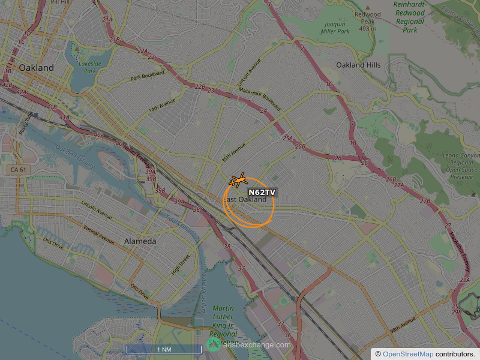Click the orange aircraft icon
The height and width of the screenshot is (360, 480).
238,179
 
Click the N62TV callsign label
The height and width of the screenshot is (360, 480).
262,193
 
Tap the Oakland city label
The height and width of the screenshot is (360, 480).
36,68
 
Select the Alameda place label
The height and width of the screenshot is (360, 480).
140,241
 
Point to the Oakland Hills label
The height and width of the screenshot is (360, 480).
358,65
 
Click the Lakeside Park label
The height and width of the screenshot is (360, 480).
89,67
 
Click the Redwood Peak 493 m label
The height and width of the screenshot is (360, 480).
368,21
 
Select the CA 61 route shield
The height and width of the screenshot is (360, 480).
18,170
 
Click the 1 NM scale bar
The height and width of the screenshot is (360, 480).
164,349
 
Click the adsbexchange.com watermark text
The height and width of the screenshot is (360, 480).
256,344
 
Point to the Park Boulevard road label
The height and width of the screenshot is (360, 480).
148,77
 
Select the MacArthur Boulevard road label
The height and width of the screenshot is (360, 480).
259,97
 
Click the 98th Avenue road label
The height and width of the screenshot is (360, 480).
403,328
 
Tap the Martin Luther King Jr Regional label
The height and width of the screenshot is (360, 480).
223,321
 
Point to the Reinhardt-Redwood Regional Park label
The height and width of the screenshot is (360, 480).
410,17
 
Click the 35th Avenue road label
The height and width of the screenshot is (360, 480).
234,152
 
